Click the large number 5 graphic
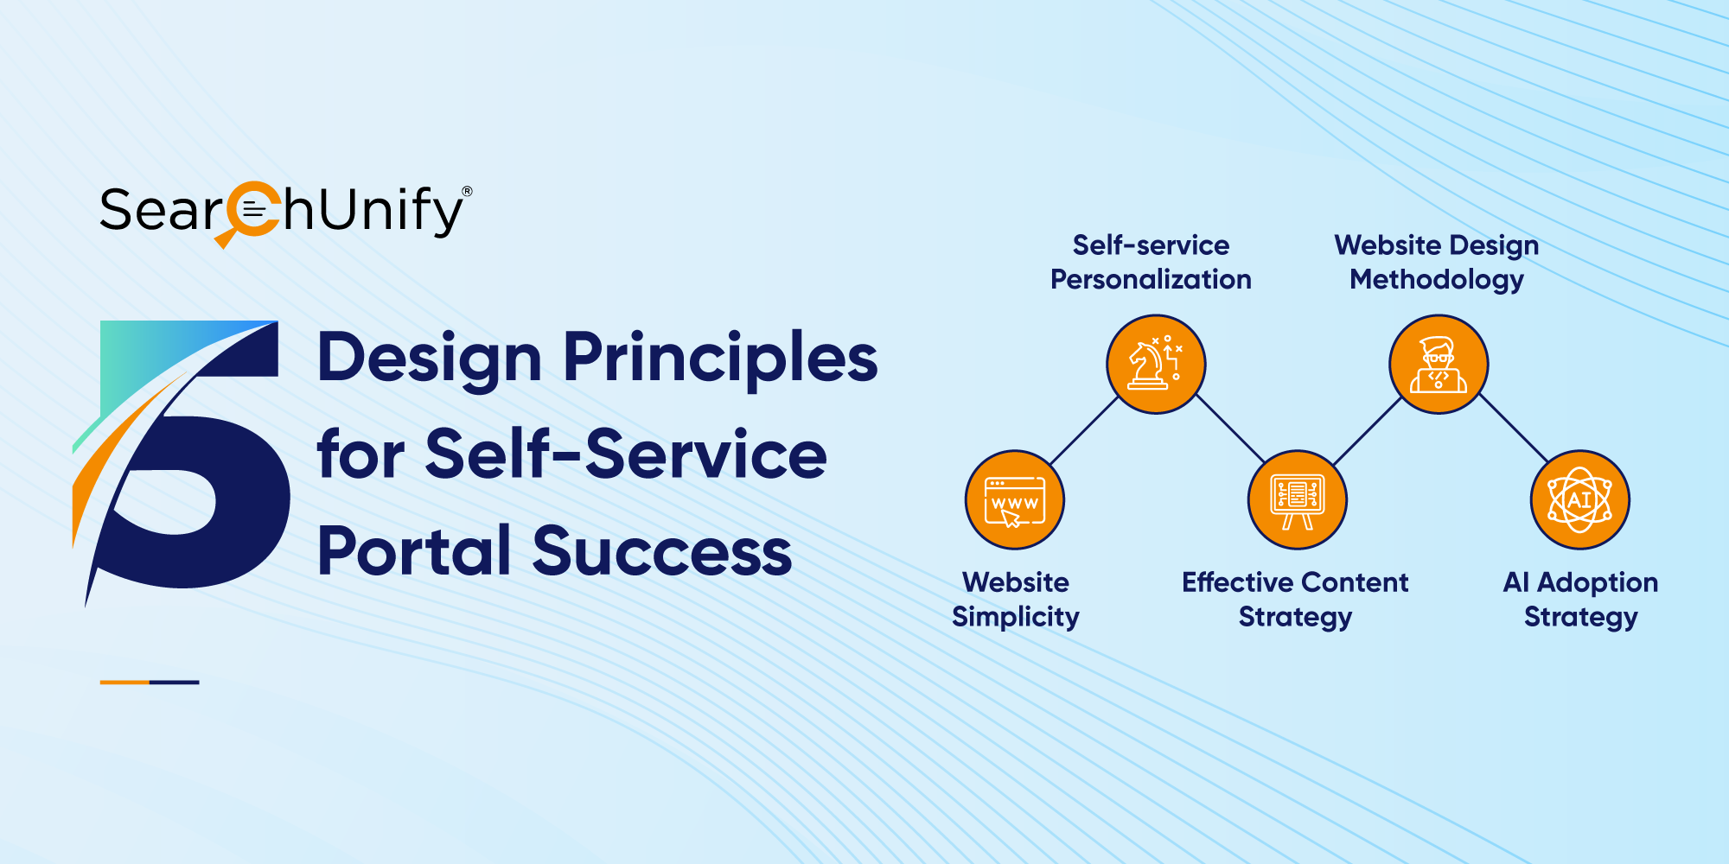tap(182, 462)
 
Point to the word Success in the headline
tap(662, 551)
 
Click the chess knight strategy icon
tap(1156, 364)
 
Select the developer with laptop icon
tap(1439, 364)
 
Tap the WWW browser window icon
tap(1015, 500)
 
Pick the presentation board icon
tap(1297, 500)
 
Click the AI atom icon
tap(1580, 500)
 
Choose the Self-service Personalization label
tap(1151, 263)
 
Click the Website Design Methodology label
tap(1437, 263)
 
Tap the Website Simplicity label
tap(1016, 600)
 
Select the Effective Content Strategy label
tap(1295, 600)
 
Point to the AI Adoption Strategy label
tap(1580, 600)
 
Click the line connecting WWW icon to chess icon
tap(1085, 431)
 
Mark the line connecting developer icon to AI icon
tap(1513, 429)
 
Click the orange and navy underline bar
tap(150, 683)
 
